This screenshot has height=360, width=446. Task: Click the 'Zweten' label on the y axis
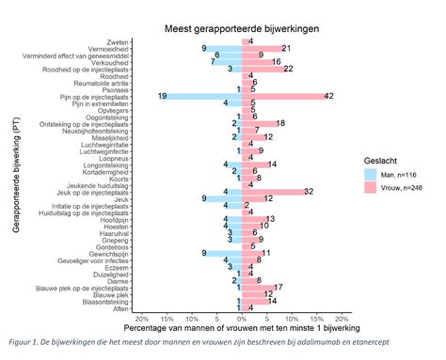click(x=119, y=40)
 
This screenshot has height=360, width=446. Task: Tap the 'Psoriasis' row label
click(x=114, y=88)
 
